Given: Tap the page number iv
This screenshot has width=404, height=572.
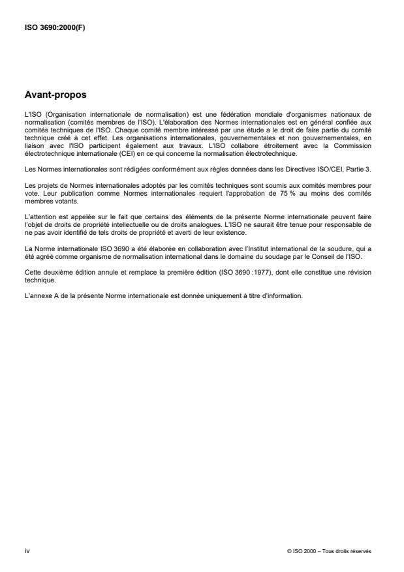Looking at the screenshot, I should point(26,551).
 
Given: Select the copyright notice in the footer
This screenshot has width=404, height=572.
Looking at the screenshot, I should point(329,551).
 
